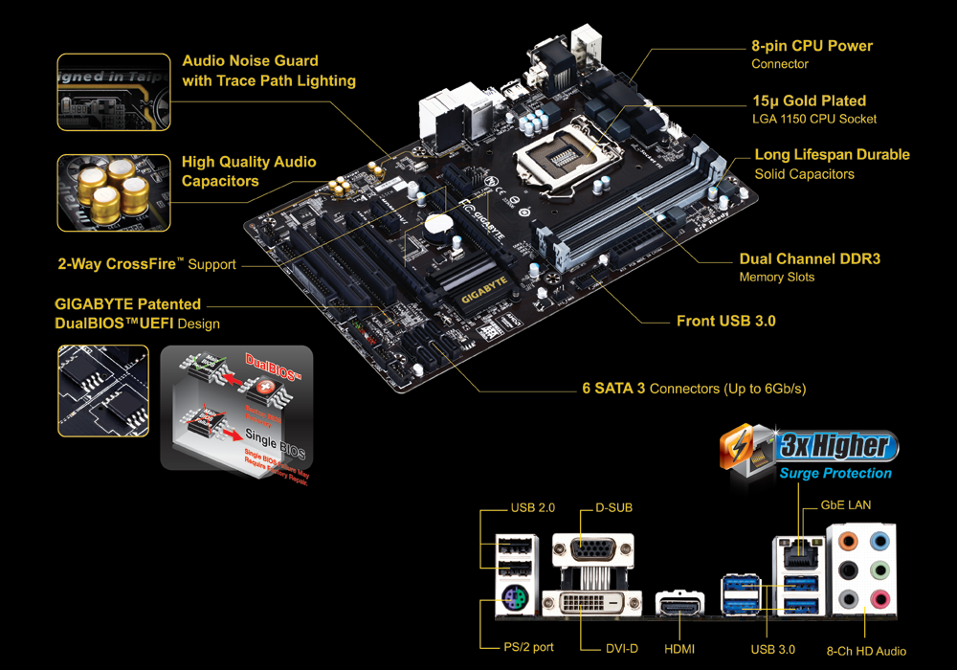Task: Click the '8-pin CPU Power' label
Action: [812, 46]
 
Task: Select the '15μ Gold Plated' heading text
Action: [809, 100]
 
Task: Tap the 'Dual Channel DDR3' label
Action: [810, 259]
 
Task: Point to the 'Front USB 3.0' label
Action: [725, 322]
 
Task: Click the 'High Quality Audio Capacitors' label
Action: [249, 171]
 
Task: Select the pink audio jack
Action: [879, 600]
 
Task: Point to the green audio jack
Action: [879, 570]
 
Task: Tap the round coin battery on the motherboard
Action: [437, 224]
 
